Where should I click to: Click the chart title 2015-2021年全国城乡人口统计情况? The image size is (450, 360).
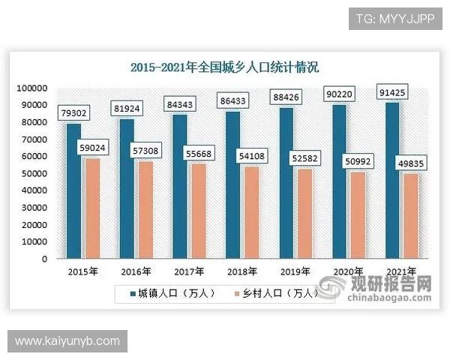point(224,67)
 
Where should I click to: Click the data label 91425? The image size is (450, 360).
point(392,94)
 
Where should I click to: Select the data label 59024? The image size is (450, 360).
point(94,148)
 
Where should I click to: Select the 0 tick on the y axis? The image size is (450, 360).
point(44,259)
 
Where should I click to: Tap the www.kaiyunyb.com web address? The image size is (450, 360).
point(68,341)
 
